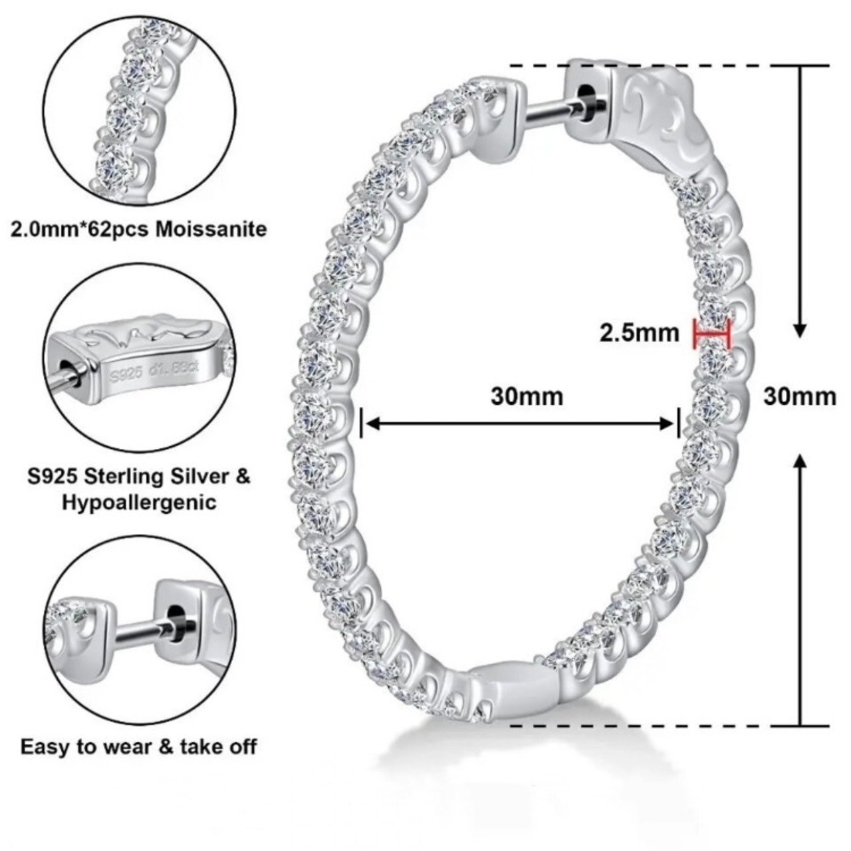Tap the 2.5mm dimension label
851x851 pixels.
[640, 332]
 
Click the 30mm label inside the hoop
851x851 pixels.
[527, 396]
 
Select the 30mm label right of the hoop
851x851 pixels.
[799, 396]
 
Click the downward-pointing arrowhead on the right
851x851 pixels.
[800, 330]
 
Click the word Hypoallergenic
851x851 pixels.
[140, 502]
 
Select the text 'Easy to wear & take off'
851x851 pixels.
[138, 746]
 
